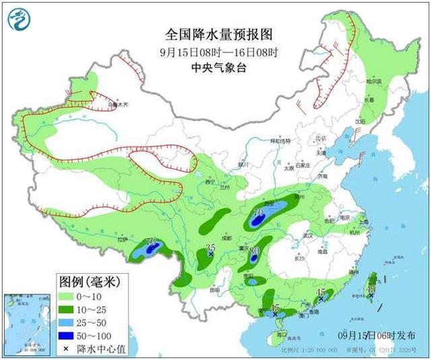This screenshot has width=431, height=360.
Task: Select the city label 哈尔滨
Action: pos(374,81)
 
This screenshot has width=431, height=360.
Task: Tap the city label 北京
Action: pos(321,138)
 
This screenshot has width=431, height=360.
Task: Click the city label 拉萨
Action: pos(121,238)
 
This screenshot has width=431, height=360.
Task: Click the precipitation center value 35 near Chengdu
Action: pos(210,248)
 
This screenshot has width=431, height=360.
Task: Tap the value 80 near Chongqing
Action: pos(255,251)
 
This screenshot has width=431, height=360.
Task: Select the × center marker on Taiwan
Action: pos(370,295)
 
